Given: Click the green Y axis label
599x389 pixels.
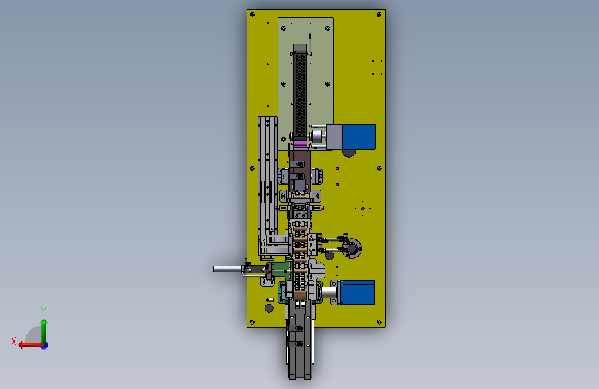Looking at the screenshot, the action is (x=44, y=311).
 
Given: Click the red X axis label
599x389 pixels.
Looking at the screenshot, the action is (x=14, y=341).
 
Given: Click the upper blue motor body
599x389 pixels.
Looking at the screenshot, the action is (x=359, y=136).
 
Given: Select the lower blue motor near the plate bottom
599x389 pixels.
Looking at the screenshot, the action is (x=357, y=292).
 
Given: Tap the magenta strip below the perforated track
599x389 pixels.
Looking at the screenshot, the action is (x=301, y=143).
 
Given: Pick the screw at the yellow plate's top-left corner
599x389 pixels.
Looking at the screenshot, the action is (x=252, y=15).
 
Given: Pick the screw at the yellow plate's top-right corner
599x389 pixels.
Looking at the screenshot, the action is (x=379, y=15).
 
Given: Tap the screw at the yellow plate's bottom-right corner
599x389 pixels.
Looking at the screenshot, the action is (x=379, y=322).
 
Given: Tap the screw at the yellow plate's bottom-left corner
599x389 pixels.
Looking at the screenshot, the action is (x=252, y=322).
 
